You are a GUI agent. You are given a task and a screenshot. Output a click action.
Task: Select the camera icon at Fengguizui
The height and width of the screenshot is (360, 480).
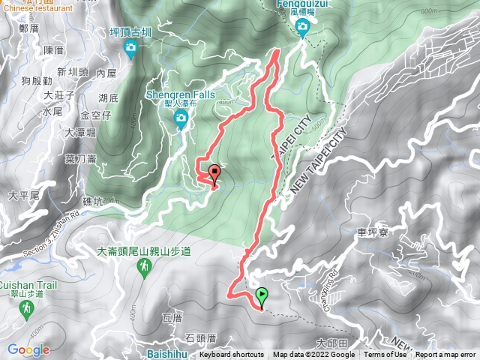[x=303, y=29]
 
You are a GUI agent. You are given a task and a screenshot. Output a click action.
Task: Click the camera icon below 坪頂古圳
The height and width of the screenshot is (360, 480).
[x=131, y=49]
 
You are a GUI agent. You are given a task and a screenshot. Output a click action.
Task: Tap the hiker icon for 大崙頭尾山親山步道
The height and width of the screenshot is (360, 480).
[x=143, y=267]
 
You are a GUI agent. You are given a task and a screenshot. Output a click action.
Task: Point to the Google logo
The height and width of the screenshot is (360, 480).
[x=28, y=349]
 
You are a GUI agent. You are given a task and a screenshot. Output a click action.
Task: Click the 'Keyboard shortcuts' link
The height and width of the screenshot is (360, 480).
[x=232, y=355]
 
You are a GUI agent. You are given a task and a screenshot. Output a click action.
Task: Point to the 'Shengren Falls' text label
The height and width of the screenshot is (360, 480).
[x=181, y=95]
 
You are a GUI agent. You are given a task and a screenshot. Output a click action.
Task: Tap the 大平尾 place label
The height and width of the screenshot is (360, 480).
[x=24, y=195]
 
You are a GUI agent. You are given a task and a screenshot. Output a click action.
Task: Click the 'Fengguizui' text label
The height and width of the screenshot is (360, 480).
[x=303, y=3]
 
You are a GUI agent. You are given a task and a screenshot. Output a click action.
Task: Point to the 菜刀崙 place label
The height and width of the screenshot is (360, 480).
[x=81, y=158]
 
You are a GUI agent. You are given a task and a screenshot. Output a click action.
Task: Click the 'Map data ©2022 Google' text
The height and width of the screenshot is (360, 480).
[x=310, y=355]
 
